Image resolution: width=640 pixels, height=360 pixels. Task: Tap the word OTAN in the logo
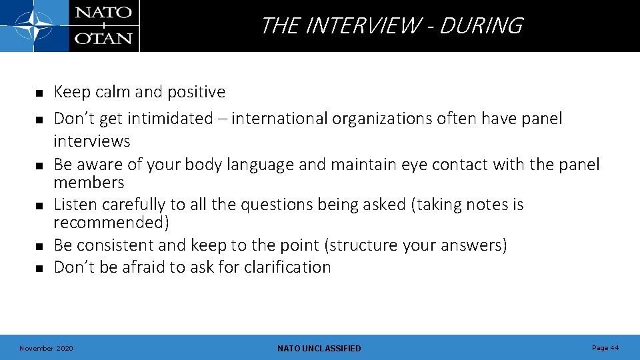click(x=103, y=37)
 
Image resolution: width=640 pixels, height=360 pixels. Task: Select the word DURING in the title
click(x=481, y=26)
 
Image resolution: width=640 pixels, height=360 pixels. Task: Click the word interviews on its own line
click(x=91, y=141)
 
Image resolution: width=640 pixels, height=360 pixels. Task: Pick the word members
click(x=89, y=183)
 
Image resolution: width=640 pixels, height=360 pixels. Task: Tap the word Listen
click(x=73, y=205)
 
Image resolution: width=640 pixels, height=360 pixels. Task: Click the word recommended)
click(x=111, y=223)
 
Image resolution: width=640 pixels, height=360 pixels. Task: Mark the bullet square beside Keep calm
click(x=39, y=93)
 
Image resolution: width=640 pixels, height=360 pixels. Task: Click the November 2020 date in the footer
click(x=47, y=348)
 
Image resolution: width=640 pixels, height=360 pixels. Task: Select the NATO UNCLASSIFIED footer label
click(x=319, y=348)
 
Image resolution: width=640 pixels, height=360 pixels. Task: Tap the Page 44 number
click(x=605, y=347)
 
